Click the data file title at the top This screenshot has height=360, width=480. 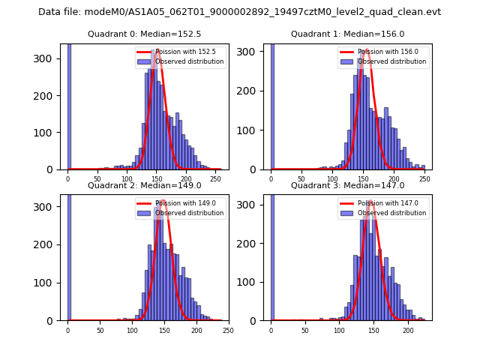click(239, 12)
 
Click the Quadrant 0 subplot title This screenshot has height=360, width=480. click(144, 34)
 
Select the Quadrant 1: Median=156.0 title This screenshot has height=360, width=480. click(347, 34)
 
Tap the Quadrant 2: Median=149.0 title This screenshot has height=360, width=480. click(144, 185)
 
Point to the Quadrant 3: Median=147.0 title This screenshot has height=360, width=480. click(347, 185)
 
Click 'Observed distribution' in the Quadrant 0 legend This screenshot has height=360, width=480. click(189, 61)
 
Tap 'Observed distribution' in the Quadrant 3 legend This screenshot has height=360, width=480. click(392, 213)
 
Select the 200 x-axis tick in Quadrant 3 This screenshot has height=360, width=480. click(408, 330)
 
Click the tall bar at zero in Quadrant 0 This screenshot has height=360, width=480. click(68, 105)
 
